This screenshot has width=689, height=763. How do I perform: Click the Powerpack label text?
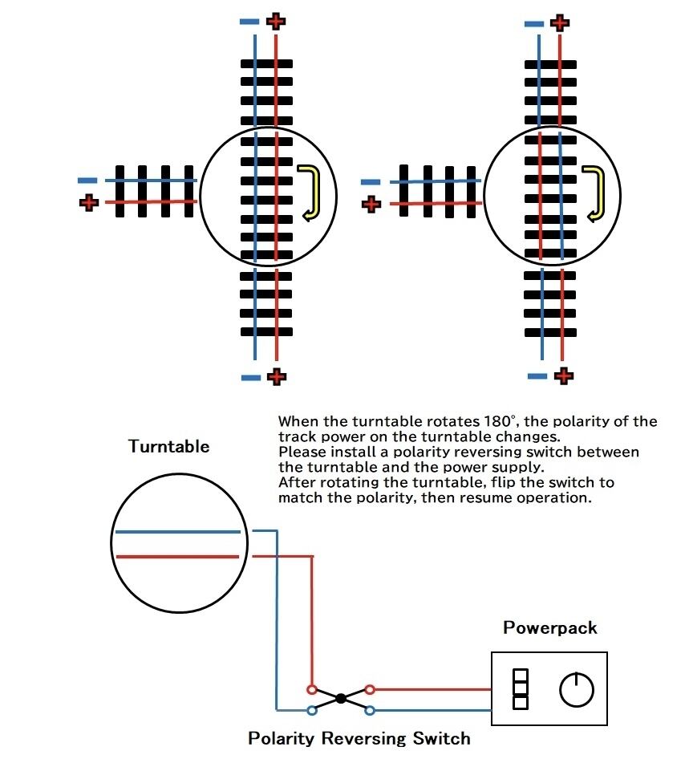tap(550, 627)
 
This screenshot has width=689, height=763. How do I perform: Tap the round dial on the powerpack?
tap(576, 690)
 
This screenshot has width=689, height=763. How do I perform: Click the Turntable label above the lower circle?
tap(168, 447)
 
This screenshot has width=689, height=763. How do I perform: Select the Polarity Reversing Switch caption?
tap(359, 738)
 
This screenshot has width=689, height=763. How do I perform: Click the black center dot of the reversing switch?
tap(341, 699)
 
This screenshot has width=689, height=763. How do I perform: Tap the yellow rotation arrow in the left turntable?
tap(308, 193)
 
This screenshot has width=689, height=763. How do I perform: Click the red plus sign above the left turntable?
tap(275, 20)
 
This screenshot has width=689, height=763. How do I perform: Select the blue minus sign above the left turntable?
tap(249, 22)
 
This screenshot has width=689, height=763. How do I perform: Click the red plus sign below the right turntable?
tap(563, 375)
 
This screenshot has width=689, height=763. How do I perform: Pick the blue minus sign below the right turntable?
tap(537, 375)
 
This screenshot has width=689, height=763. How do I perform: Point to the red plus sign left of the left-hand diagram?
tap(88, 202)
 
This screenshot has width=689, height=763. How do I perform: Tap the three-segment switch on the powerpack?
tap(520, 689)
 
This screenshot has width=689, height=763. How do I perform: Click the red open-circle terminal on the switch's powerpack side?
tap(370, 688)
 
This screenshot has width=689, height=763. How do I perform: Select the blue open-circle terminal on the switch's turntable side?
tap(311, 709)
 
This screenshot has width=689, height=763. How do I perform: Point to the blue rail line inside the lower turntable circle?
tap(177, 531)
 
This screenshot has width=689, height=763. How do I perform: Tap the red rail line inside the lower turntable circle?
tap(177, 556)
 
